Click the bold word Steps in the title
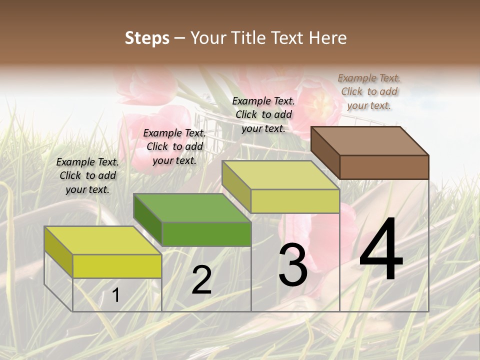coord(147,38)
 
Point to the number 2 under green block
coord(201,280)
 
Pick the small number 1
coord(115,295)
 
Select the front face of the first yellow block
coord(117,266)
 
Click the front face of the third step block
coord(295,201)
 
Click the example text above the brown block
coord(369,91)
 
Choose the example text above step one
coord(87,175)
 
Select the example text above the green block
coord(174,146)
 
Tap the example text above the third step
coord(263,114)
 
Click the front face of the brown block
coord(384,167)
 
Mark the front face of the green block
coord(206,234)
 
